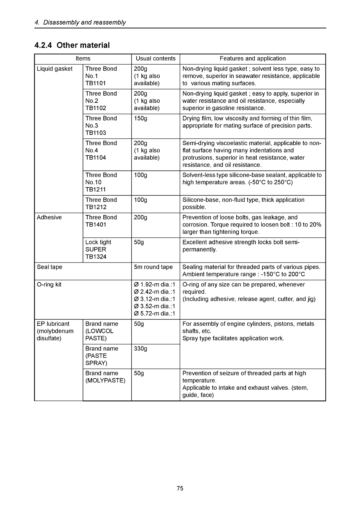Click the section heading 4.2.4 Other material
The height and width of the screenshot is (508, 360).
(72, 45)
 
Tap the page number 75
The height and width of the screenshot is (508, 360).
(180, 488)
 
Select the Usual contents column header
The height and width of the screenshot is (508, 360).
(156, 58)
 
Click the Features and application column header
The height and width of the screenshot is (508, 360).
(253, 58)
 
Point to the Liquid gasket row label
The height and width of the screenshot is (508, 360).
(54, 69)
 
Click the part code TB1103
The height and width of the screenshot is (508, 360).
(96, 133)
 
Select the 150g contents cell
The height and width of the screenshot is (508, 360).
(140, 118)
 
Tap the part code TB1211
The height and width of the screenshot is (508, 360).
(96, 190)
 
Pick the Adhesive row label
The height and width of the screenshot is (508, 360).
(49, 217)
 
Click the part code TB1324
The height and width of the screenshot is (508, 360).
(96, 257)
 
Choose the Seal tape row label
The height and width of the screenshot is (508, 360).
(49, 267)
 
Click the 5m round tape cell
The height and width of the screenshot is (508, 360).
(153, 267)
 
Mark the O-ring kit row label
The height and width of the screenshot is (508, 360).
(49, 285)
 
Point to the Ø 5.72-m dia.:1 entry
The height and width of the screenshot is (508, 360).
(154, 313)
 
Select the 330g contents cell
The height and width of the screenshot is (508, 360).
(140, 349)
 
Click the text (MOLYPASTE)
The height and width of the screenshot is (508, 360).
(105, 381)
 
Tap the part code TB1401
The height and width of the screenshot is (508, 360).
(96, 225)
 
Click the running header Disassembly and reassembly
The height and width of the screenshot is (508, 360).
(84, 22)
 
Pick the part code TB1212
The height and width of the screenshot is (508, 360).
(96, 207)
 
